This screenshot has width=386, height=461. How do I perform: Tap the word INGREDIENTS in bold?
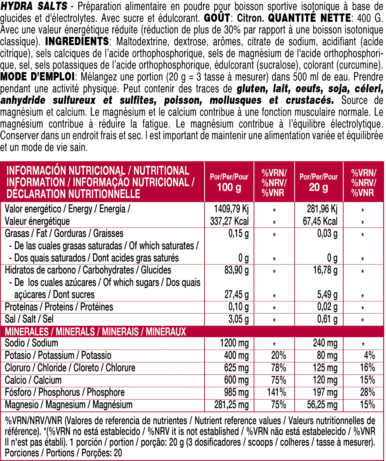point(77,42)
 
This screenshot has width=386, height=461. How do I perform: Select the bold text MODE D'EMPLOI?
point(37,77)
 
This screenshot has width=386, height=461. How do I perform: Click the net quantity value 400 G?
point(370,18)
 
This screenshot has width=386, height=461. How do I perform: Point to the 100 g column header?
point(229,187)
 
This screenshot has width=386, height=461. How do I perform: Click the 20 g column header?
point(318,187)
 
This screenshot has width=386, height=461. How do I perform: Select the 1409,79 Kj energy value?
point(231,209)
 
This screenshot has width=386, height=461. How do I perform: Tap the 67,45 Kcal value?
point(320,221)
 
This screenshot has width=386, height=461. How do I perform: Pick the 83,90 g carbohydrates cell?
point(236,270)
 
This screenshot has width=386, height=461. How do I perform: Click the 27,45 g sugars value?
point(236,295)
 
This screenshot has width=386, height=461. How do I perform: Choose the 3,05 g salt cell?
point(238,319)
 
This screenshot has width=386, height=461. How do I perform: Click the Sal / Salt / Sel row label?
point(29,319)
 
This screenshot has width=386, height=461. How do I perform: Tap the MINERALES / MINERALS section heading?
point(95,332)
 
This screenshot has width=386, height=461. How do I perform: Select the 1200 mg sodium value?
point(234,343)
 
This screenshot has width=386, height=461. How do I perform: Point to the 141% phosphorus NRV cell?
point(277,392)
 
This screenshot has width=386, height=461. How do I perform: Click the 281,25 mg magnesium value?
point(231,405)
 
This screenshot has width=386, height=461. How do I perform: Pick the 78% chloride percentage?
point(278,368)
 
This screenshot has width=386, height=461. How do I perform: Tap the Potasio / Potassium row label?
point(58,356)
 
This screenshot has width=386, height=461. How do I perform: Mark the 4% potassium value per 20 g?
point(369,356)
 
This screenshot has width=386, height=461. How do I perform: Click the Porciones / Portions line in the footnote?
point(63,453)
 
